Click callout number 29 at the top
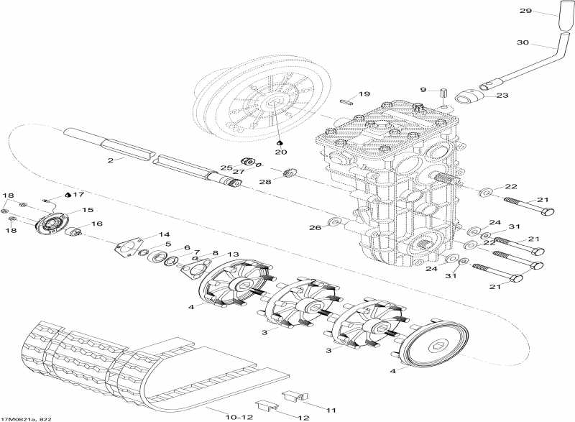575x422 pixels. pos(525,11)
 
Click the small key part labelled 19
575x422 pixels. pos(346,101)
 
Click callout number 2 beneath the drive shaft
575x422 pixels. pos(111,160)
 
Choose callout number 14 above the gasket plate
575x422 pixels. pos(165,234)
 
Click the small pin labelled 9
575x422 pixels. pos(445,94)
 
